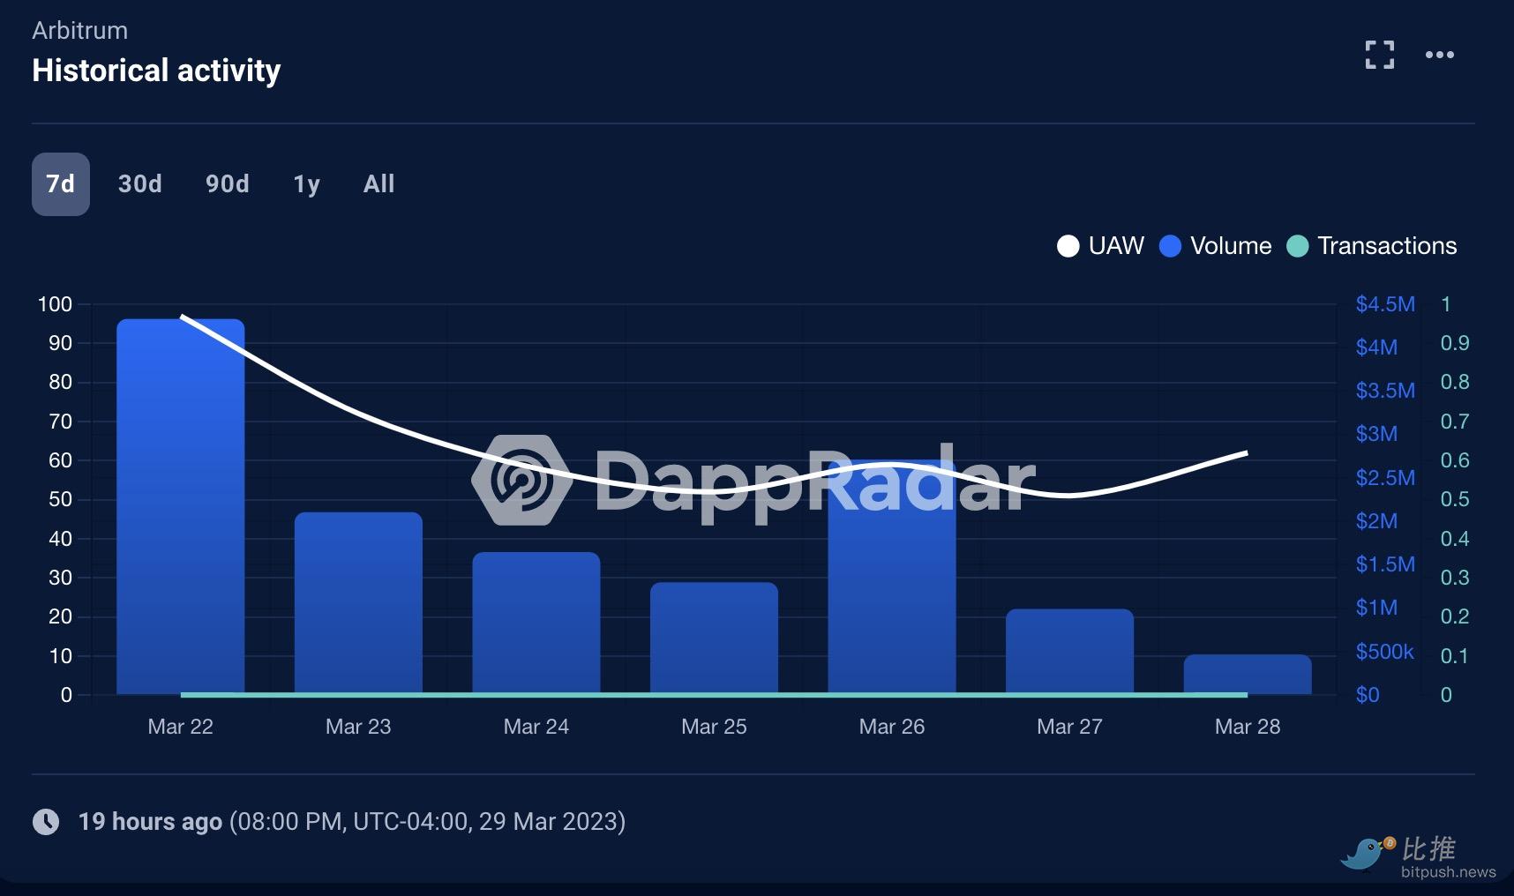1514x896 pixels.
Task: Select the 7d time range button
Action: point(60,184)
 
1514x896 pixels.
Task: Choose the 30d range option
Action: point(139,184)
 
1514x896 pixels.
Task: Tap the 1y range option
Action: point(306,184)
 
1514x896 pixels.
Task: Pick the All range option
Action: point(378,184)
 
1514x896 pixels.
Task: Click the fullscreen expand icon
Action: point(1379,55)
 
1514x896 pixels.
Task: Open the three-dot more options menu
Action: point(1439,55)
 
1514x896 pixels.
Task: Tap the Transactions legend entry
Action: point(1372,246)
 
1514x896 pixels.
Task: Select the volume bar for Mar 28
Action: point(1247,675)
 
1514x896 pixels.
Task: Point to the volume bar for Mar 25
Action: point(714,639)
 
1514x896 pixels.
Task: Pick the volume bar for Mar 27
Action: point(1069,653)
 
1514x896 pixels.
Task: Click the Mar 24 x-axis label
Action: point(536,727)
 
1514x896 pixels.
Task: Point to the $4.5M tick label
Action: point(1385,304)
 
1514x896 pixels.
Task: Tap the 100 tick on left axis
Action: point(55,304)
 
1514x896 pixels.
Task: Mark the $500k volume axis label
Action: point(1384,652)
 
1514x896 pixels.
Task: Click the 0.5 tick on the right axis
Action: point(1454,499)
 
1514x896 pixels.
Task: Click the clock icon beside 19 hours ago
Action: point(46,822)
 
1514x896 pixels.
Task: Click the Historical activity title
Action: point(156,71)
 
